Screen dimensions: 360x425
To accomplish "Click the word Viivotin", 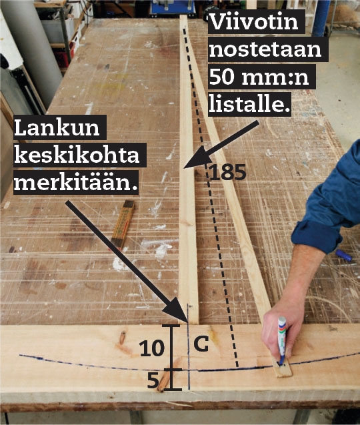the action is coord(254,21).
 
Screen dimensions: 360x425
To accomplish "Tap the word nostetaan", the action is coord(265,49).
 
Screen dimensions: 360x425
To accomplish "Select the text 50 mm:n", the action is coord(259,77).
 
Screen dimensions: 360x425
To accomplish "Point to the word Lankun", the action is coord(57,128).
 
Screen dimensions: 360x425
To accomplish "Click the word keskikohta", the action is coord(77,155).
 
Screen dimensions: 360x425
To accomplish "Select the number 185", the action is coord(227,172).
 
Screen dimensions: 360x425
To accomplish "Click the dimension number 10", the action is coord(152,348).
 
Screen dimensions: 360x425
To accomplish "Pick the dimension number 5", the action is coord(153,381).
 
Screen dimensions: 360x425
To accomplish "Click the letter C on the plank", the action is coord(201,344).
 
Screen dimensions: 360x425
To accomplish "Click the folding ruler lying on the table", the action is coord(123,224).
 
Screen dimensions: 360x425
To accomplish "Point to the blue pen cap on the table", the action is coord(344,255).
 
